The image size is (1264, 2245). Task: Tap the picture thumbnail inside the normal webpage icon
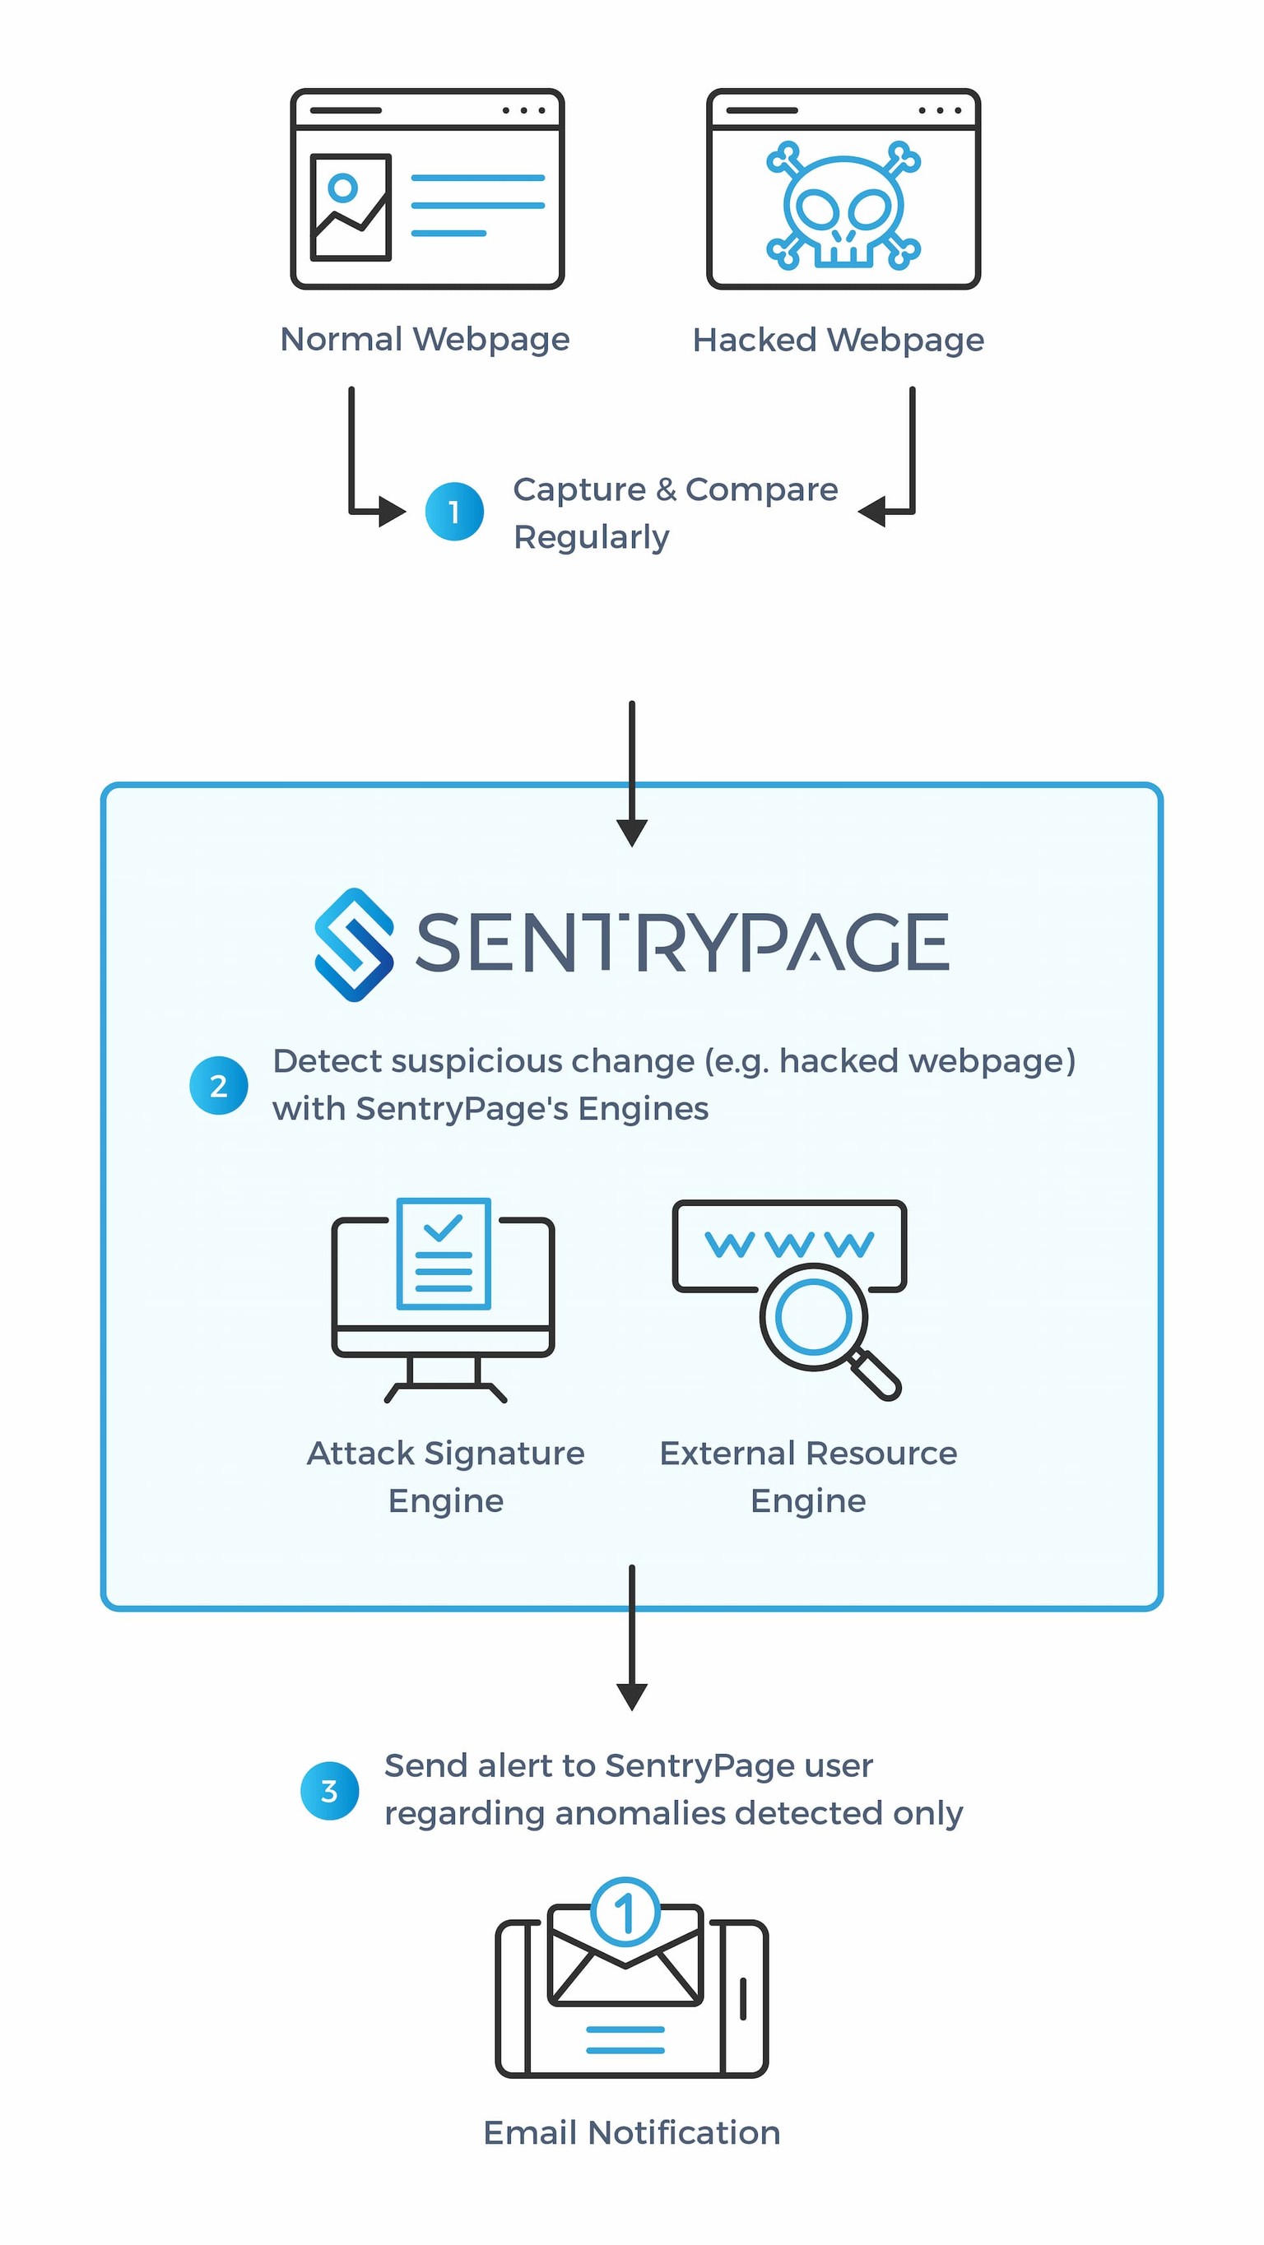[351, 206]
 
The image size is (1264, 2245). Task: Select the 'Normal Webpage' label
[425, 339]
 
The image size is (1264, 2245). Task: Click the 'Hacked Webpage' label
[838, 340]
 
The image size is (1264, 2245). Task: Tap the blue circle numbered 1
[454, 512]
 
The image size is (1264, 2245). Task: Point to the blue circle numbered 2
[219, 1085]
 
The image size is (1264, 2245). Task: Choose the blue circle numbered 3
[329, 1791]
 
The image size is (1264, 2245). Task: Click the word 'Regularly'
[591, 537]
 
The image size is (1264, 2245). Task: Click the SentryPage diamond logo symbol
[353, 944]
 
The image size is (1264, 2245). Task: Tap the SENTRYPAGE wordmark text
[681, 942]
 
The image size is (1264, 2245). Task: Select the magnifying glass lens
[813, 1317]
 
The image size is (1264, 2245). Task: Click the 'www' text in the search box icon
[789, 1244]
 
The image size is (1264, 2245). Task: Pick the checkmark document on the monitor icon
[443, 1253]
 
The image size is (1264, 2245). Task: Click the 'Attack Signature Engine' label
[445, 1477]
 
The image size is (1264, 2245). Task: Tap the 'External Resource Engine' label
[808, 1477]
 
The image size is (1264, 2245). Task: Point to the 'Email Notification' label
[632, 2132]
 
